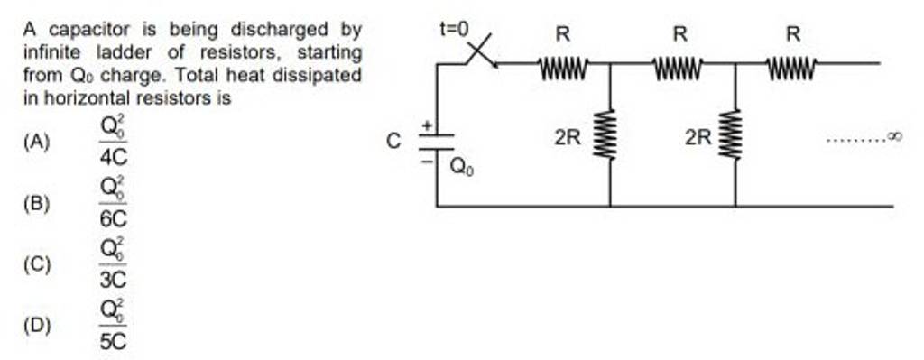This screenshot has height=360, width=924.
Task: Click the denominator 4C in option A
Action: tap(114, 156)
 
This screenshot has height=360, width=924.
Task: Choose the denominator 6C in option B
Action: tap(114, 217)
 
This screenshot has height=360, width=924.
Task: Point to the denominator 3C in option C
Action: tap(114, 279)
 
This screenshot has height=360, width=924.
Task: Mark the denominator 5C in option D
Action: tap(114, 341)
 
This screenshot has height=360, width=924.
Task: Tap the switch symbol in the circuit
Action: tap(482, 52)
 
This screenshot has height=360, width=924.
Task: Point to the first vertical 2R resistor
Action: tap(610, 135)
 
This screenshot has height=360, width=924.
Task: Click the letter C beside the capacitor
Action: tap(392, 142)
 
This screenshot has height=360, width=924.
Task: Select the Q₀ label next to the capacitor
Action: tap(460, 165)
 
